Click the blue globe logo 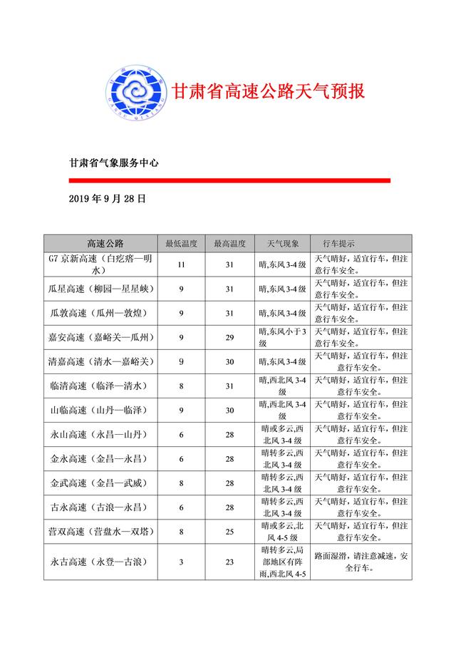coord(135,93)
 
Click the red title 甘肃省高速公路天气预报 coord(268,92)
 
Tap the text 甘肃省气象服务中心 coord(113,163)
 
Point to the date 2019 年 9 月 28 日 coord(108,199)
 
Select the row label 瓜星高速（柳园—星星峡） coord(105,289)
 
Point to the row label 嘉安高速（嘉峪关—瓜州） coord(105,337)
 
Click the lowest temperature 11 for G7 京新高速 coord(181,265)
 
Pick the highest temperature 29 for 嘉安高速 coord(229,337)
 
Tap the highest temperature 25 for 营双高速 coord(229,532)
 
